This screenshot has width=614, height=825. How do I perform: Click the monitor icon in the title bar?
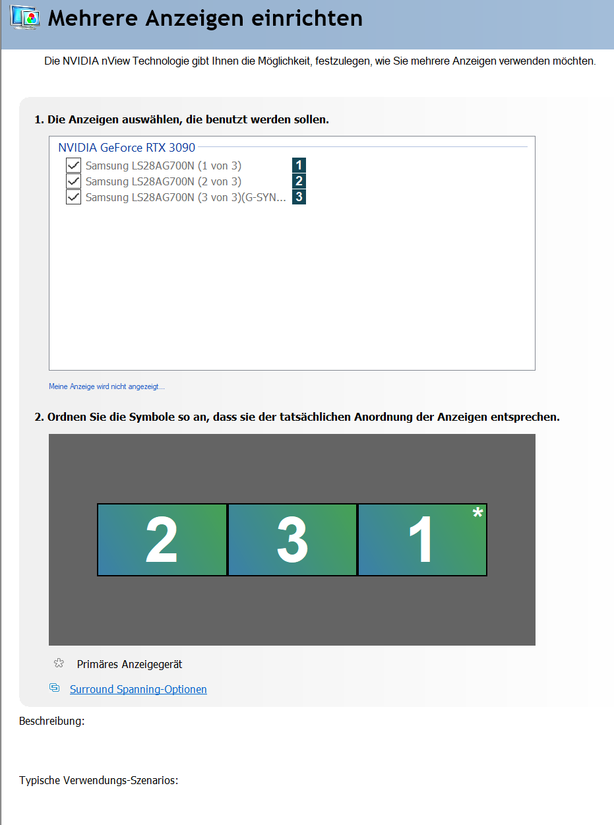[25, 17]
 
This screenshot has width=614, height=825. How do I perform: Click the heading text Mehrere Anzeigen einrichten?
[205, 18]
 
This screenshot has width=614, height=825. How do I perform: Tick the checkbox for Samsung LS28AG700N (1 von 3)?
[73, 165]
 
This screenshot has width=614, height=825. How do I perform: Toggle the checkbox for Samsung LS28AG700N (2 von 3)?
[73, 181]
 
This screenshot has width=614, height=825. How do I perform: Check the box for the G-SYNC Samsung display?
[73, 197]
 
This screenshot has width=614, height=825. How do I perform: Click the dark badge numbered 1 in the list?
[299, 165]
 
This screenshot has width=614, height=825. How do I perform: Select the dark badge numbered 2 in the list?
[299, 181]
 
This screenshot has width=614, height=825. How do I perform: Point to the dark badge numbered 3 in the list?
[299, 197]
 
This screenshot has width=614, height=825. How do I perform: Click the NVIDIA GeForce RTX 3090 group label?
[127, 148]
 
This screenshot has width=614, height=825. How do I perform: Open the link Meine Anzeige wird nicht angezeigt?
[106, 386]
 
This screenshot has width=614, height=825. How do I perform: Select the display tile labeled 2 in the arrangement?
[162, 539]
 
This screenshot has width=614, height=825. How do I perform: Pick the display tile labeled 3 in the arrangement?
[292, 539]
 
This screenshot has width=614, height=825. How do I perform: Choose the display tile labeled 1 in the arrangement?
[422, 539]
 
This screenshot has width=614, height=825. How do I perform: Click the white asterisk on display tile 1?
[477, 512]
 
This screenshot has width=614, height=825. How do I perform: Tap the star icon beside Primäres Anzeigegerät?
[59, 663]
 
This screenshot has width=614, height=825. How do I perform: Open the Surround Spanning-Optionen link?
[138, 689]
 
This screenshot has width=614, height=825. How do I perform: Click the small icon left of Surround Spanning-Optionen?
[54, 688]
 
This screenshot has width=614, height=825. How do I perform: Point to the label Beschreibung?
[51, 721]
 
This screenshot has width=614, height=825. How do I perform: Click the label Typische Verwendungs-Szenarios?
[99, 780]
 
